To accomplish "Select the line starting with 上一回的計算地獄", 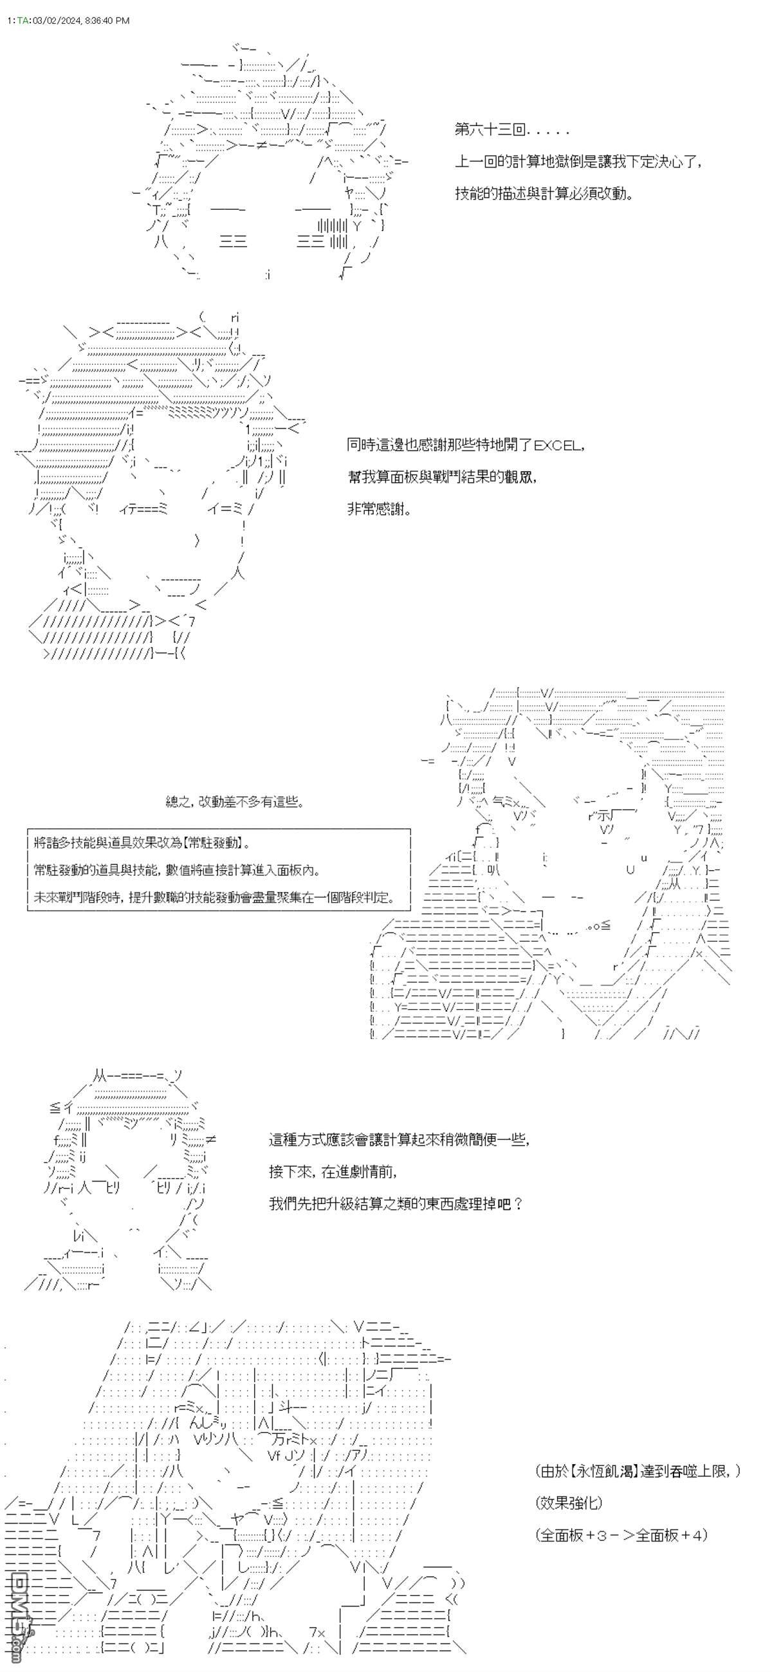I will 578,162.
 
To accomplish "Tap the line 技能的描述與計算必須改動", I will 544,194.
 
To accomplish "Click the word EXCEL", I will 558,446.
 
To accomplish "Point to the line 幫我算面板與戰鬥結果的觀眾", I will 442,478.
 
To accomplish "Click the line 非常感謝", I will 380,510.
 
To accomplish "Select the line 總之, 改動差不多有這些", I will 235,803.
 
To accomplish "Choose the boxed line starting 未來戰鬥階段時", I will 214,898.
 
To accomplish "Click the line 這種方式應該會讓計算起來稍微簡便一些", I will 399,1140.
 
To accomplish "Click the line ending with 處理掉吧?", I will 396,1204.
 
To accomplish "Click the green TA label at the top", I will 23,21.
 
